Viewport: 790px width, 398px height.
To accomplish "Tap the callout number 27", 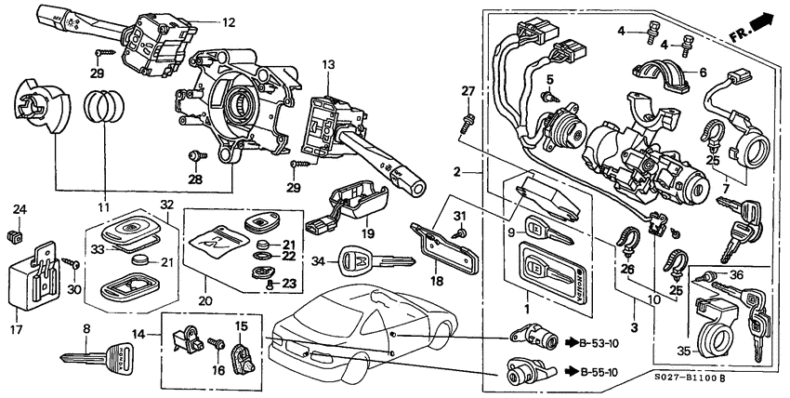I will (467, 91).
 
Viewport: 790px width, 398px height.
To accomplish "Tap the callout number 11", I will (102, 207).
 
